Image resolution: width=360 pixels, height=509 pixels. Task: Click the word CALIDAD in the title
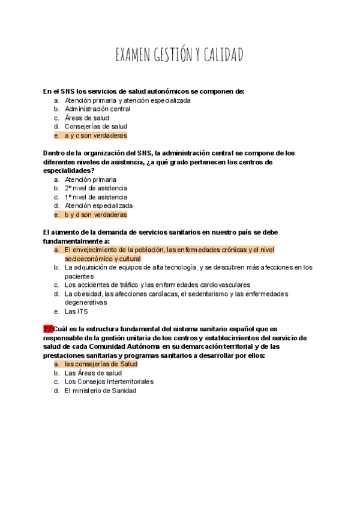pos(223,56)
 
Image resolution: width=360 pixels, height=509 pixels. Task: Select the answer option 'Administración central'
pos(97,109)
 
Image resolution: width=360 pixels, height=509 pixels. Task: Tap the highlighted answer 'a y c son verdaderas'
pos(96,136)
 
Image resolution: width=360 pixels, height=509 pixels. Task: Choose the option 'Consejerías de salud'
pos(96,127)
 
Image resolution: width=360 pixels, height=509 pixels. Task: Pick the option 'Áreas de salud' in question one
pos(87,118)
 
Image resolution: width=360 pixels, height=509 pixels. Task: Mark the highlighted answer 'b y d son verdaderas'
pos(96,214)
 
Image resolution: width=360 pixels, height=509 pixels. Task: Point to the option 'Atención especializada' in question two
pos(99,205)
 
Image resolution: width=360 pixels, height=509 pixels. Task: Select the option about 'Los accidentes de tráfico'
pos(157,285)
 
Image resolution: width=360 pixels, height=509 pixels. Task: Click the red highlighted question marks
pos(48,329)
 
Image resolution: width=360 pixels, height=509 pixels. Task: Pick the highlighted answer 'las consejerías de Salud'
pos(101,364)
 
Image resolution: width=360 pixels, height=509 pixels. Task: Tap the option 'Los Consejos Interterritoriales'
pos(109,382)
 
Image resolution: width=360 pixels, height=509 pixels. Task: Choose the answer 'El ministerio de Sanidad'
pos(100,391)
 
